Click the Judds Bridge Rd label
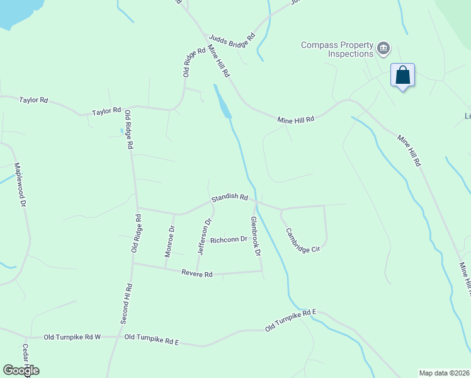pos(232,38)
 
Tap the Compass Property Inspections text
pos(337,49)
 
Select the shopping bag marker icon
pos(402,76)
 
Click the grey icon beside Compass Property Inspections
pos(383,49)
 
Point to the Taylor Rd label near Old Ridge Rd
pos(106,112)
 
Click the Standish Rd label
pos(229,197)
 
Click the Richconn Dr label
pos(229,240)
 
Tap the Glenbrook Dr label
pos(255,237)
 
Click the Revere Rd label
pos(197,273)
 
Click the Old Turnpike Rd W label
pos(72,338)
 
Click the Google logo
pos(21,370)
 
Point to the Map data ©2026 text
pos(444,373)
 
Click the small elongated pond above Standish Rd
pos(222,103)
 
